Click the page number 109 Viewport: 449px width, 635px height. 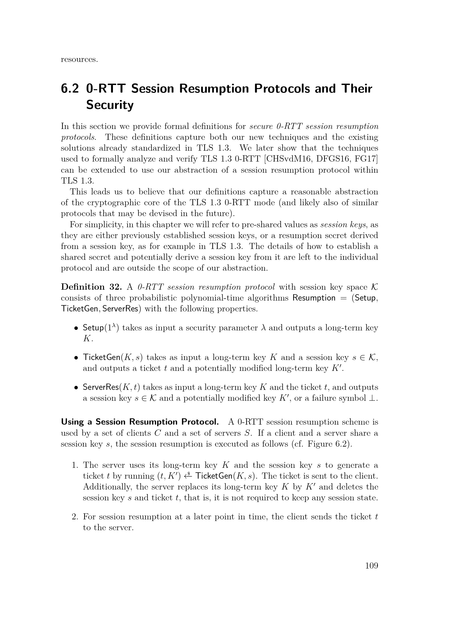click(x=371, y=566)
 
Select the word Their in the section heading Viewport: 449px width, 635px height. click(x=357, y=89)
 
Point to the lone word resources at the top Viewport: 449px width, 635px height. click(x=79, y=59)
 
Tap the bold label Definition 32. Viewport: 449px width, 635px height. click(x=91, y=287)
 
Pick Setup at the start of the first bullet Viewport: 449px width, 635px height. click(x=93, y=328)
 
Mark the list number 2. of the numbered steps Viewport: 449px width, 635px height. click(x=75, y=517)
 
